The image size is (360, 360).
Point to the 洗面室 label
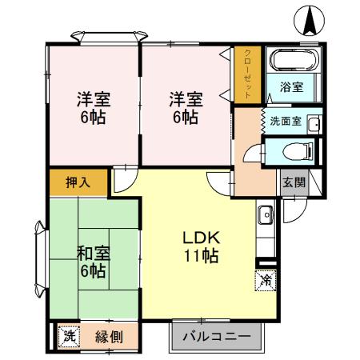(x=285, y=122)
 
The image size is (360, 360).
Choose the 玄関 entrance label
(x=293, y=182)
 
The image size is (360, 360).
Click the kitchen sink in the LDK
(x=266, y=214)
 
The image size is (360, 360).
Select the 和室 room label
(x=93, y=254)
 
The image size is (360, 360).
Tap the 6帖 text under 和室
(x=93, y=271)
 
